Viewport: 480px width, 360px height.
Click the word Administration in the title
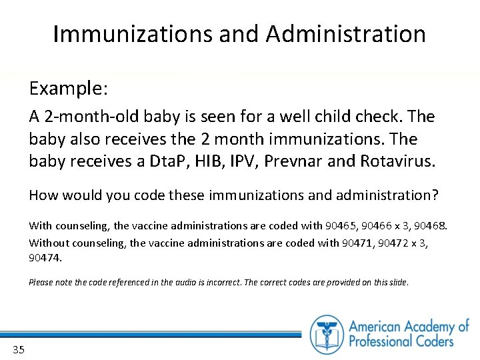click(345, 33)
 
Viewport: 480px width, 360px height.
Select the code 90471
click(357, 243)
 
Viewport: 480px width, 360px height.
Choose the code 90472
click(393, 243)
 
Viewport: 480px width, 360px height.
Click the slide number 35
click(18, 349)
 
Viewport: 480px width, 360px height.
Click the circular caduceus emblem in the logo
click(327, 334)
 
